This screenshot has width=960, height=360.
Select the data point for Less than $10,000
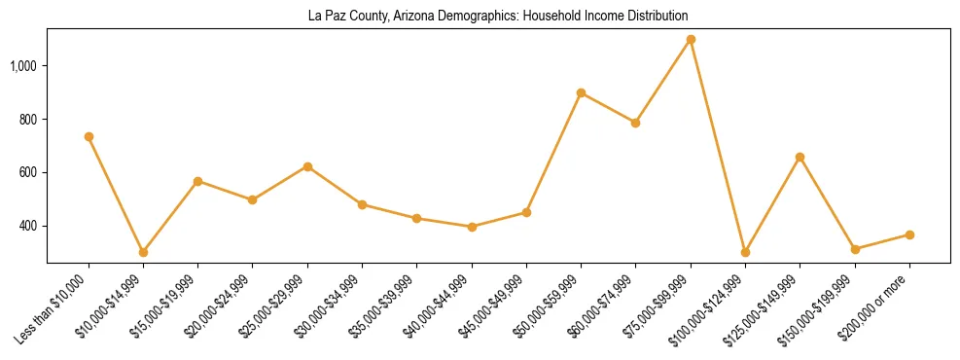click(89, 137)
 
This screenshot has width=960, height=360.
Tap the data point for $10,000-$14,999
click(143, 252)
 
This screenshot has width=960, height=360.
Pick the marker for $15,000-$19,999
click(198, 181)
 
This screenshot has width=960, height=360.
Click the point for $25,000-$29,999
click(307, 166)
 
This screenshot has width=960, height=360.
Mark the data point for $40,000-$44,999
click(472, 227)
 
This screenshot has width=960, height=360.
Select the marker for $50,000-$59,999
click(581, 93)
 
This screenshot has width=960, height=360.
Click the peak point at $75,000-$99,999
click(691, 39)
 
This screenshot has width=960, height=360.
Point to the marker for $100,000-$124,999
click(745, 252)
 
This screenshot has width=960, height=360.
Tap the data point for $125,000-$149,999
click(800, 157)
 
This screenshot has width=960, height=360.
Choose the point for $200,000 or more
click(909, 234)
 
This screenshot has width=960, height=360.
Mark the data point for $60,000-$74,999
click(635, 123)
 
